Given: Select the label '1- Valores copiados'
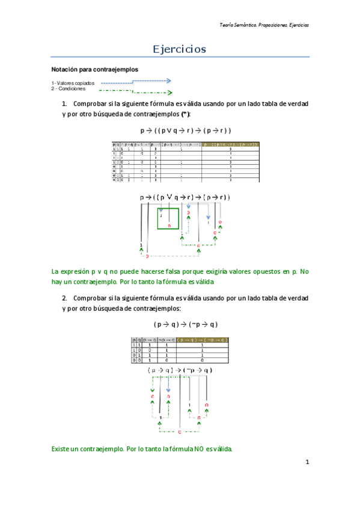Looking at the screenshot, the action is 73,82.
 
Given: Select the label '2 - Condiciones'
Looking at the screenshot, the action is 69,88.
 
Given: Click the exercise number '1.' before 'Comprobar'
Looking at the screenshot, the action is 65,104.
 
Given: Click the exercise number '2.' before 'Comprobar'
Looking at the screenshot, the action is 65,298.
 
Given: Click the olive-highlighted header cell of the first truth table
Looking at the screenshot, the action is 231,145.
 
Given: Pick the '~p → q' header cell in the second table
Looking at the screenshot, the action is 165,340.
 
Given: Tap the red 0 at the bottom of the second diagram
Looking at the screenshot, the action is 180,432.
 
